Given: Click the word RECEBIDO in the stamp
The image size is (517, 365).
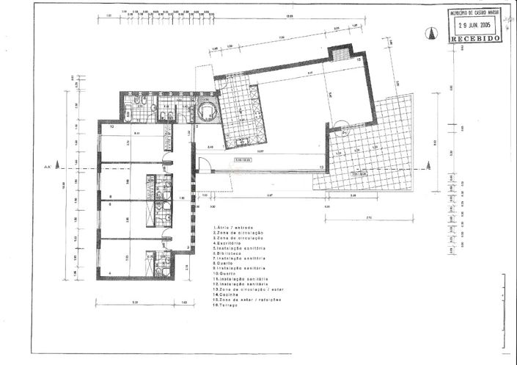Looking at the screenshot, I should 476,36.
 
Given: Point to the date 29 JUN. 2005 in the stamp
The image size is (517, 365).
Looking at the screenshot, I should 476,23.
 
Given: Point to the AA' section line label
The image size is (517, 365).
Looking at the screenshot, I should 48,168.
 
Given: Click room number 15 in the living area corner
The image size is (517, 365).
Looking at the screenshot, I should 359,59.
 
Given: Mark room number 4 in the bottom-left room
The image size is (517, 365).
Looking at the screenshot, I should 110,274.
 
